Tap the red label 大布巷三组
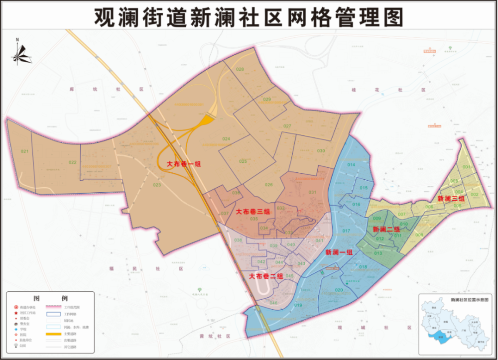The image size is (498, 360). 252,212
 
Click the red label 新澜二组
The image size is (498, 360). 386,230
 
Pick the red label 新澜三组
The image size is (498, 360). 451,199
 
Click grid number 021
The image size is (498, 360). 24,151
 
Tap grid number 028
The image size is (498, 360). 240,69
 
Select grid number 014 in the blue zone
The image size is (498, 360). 351,165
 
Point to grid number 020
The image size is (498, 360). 339,290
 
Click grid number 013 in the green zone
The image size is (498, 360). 378,253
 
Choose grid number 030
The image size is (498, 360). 321,151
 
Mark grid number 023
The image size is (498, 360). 157,185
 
